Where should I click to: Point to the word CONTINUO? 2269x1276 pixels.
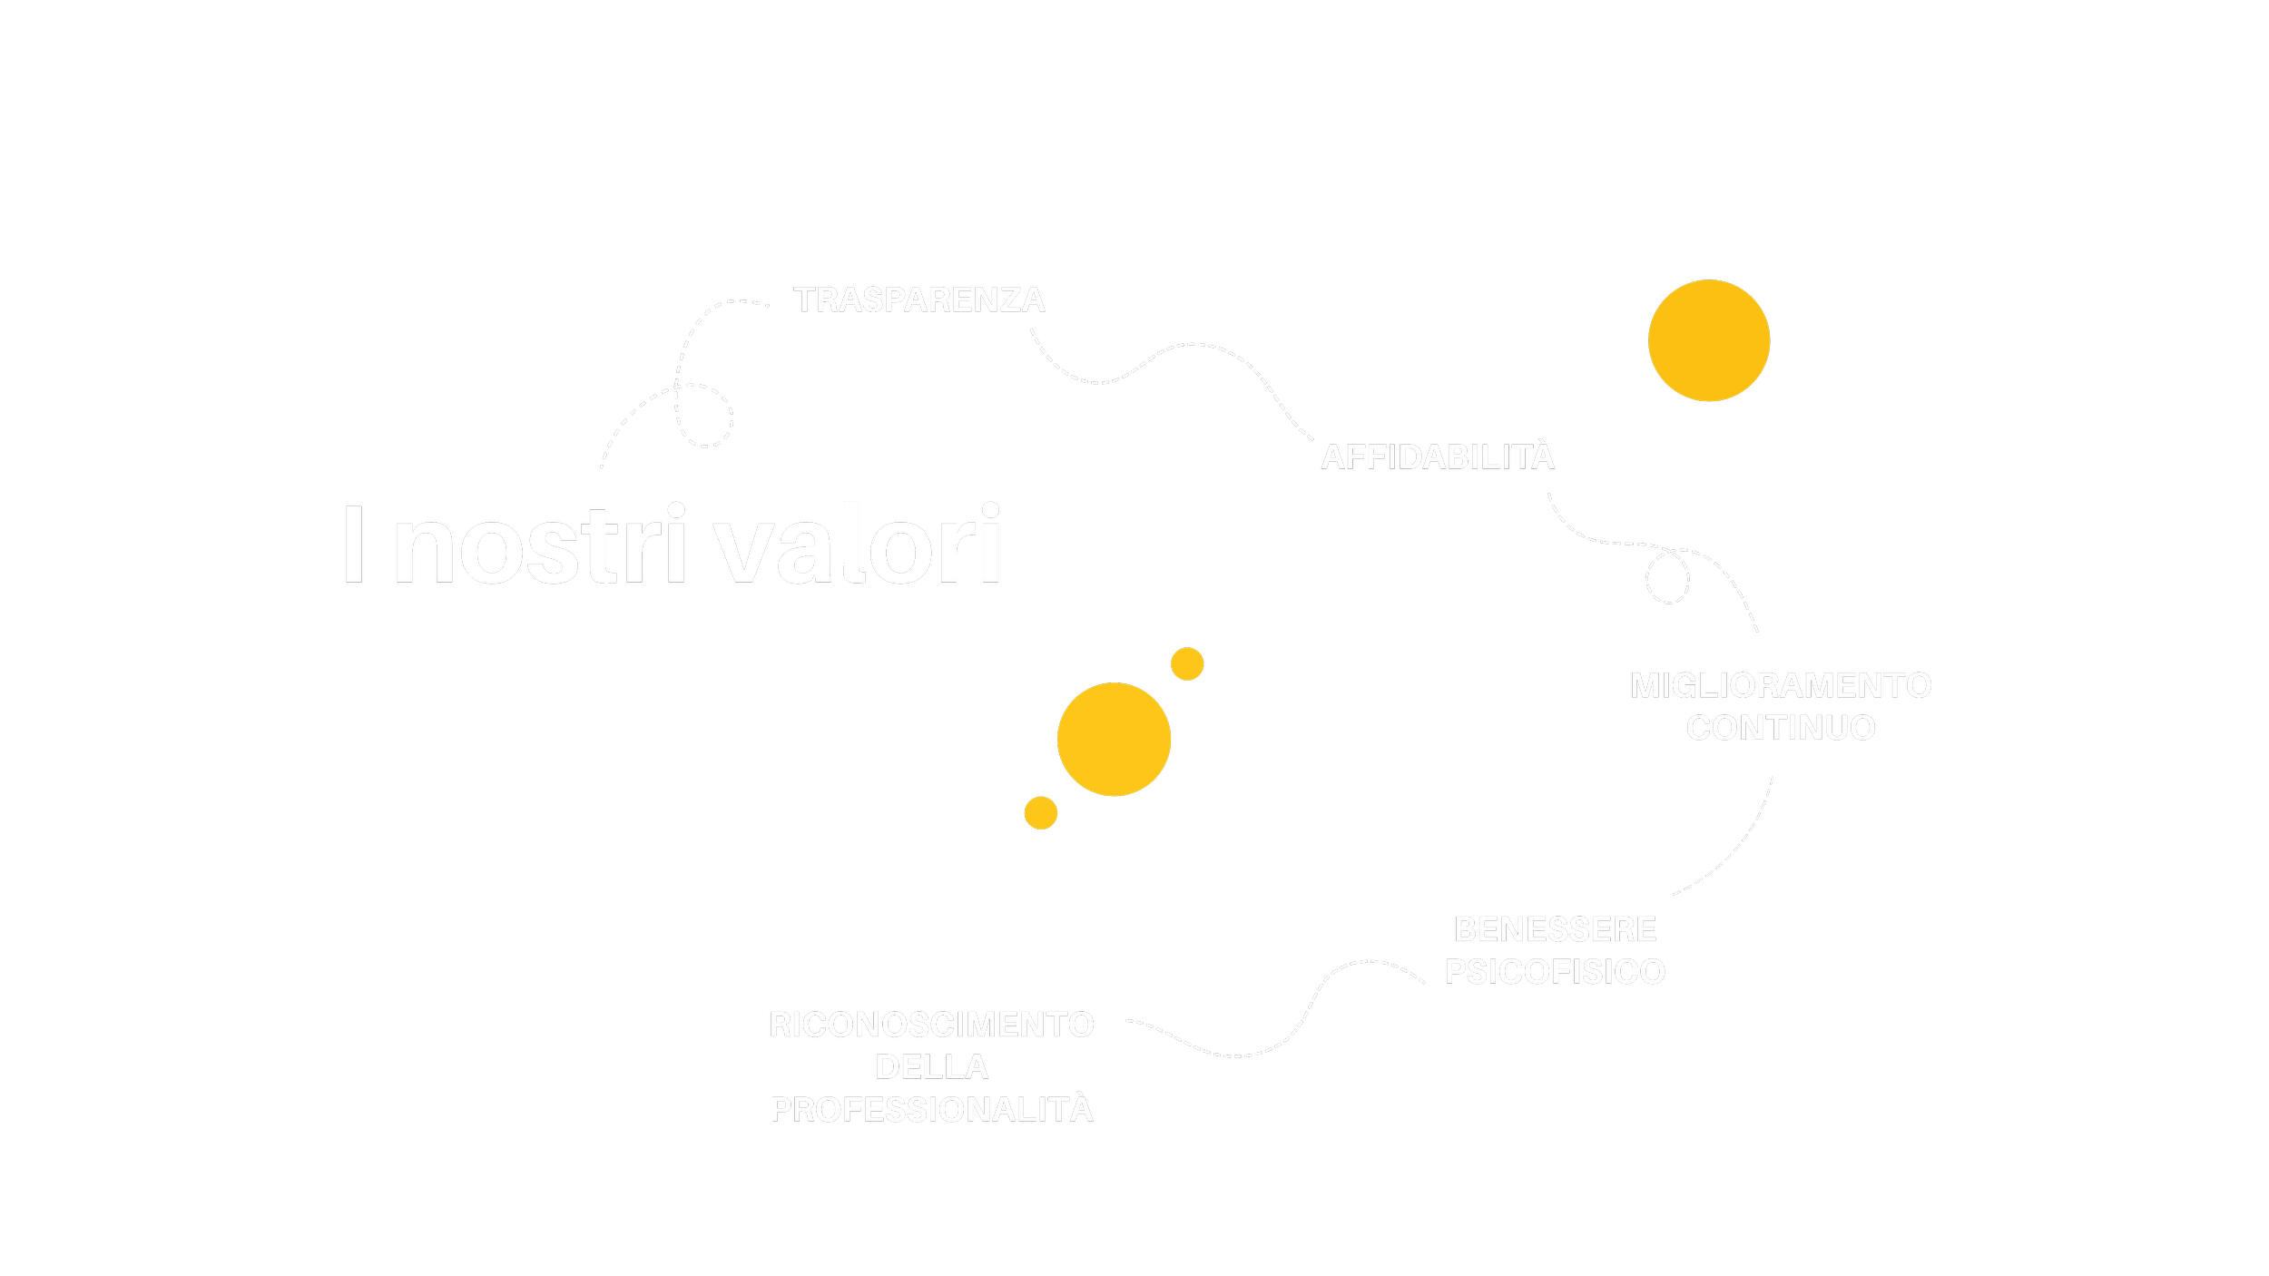(x=1781, y=728)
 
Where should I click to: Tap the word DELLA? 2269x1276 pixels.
(x=931, y=1067)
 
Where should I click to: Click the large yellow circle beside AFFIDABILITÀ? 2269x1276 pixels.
(x=1708, y=340)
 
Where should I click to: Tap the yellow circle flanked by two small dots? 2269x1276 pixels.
(x=1114, y=740)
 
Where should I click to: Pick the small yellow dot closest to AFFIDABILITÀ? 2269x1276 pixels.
(x=1186, y=664)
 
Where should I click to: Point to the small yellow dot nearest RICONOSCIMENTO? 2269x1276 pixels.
(x=1040, y=813)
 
